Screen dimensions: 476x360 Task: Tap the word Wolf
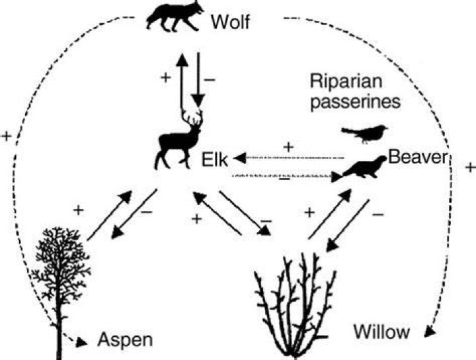pos(231,22)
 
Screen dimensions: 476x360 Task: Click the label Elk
pos(215,159)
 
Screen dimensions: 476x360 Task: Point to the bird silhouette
pos(365,133)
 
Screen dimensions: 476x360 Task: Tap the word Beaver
pos(418,157)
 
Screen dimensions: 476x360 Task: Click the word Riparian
pos(346,82)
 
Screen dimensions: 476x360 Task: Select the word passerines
pos(356,102)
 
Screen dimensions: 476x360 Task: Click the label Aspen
pos(125,339)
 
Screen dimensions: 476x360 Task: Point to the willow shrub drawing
pos(295,304)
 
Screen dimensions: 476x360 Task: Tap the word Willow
pos(381,332)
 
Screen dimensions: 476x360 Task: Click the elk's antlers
pos(192,117)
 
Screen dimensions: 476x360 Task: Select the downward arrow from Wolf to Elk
pos(198,80)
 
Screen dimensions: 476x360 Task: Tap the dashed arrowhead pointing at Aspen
pos(81,342)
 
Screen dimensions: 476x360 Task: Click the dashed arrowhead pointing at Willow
pos(429,332)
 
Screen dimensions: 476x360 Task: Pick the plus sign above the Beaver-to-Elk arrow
pos(289,148)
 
